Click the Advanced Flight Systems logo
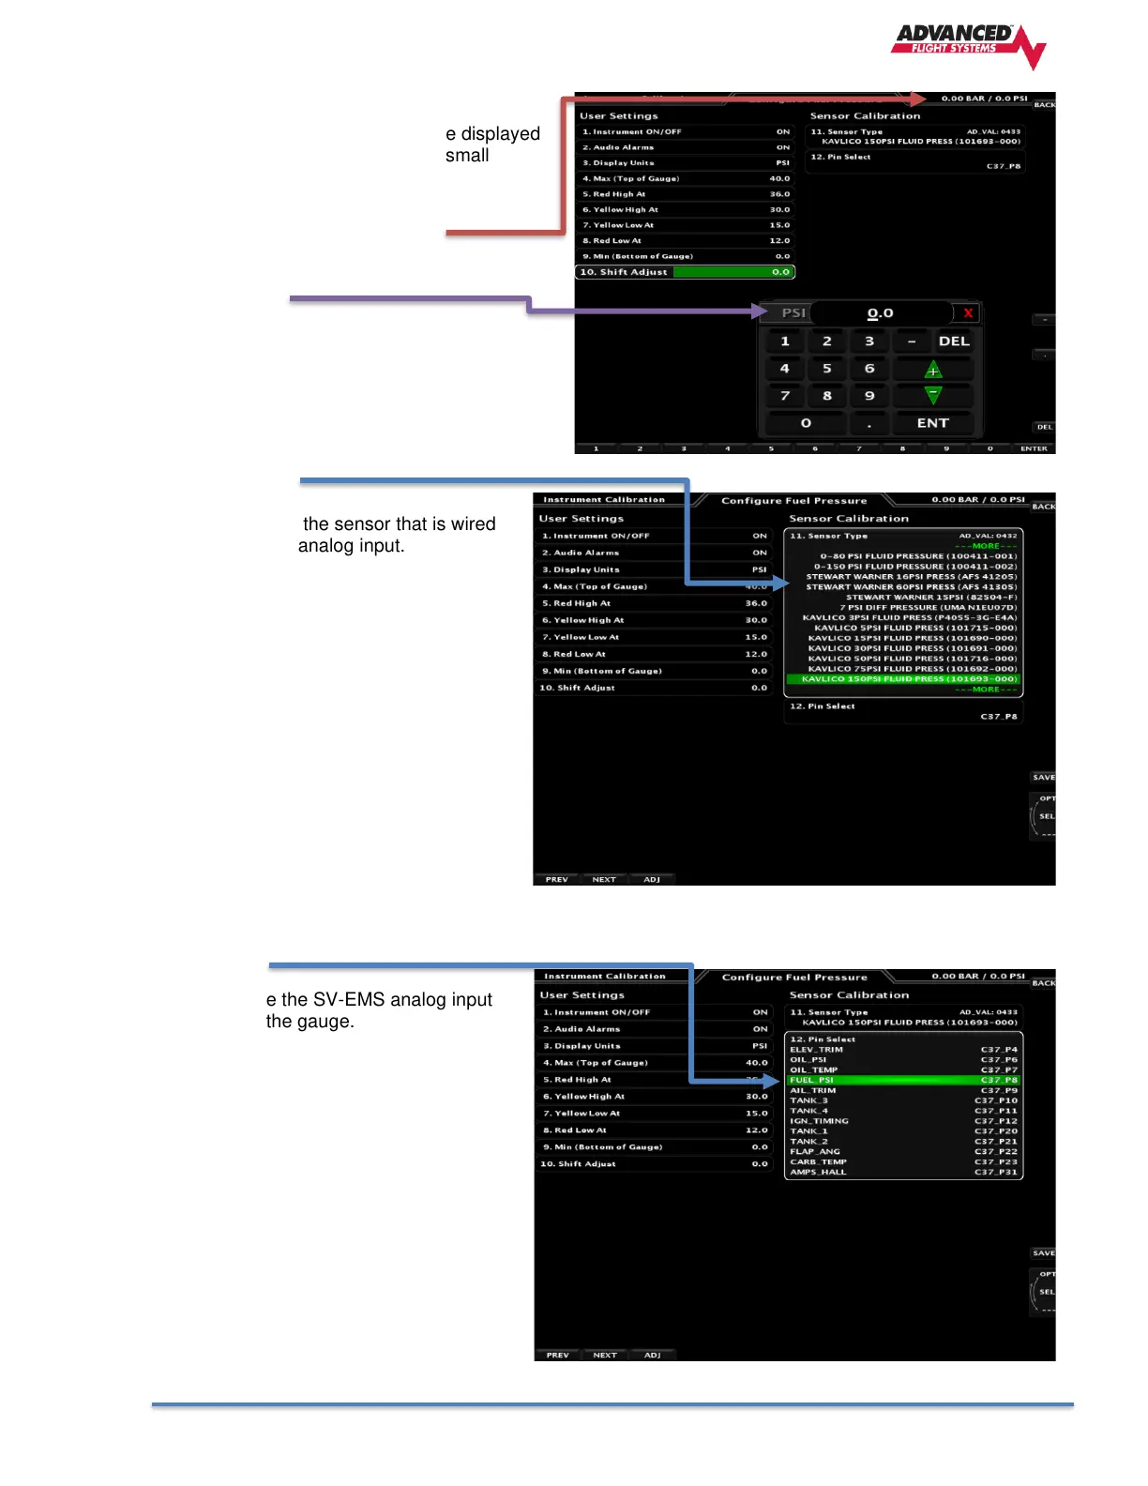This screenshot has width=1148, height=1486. click(x=968, y=45)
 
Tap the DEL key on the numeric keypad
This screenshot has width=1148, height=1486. click(x=954, y=341)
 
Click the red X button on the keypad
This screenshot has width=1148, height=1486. click(x=968, y=313)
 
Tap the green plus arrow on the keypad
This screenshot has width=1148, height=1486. click(x=932, y=370)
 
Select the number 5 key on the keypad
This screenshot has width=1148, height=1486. click(x=827, y=369)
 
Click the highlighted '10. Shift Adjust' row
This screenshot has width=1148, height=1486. click(x=685, y=272)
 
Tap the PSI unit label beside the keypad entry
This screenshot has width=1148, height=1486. click(x=793, y=313)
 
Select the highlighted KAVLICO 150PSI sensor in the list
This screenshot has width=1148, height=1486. click(x=903, y=679)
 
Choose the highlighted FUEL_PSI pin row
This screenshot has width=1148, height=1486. click(x=903, y=1080)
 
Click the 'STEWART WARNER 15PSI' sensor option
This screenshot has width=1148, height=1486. click(x=930, y=597)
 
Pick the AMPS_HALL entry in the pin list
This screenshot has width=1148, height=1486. click(x=818, y=1172)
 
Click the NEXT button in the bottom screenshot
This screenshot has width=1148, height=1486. click(x=605, y=1355)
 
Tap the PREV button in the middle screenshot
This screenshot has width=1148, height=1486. click(x=557, y=880)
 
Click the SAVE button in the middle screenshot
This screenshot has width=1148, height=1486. click(x=1043, y=778)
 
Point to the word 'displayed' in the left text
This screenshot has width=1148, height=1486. click(x=500, y=134)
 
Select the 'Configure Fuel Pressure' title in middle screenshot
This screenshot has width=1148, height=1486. click(x=793, y=501)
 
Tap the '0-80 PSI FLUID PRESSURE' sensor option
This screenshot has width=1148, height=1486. click(x=918, y=556)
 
